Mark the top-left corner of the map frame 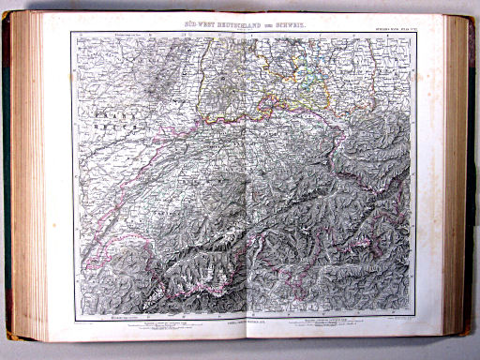tap(71, 30)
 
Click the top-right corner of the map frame tap(413, 30)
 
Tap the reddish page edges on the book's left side tap(25, 178)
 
